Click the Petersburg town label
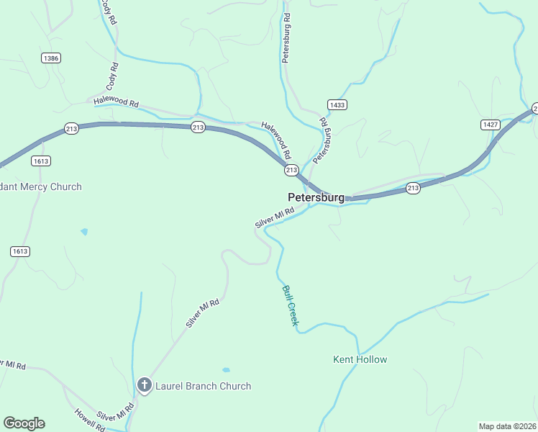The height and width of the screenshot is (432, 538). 316,197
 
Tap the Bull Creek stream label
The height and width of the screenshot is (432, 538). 290,305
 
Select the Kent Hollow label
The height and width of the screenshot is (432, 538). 360,359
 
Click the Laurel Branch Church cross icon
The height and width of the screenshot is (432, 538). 144,386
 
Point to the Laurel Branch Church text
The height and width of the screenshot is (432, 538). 204,386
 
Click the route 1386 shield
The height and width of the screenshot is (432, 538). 50,58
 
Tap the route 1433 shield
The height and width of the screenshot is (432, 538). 337,105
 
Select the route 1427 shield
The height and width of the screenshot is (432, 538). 491,125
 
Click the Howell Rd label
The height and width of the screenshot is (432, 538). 90,420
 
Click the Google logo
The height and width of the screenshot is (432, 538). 24,423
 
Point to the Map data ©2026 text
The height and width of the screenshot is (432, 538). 506,426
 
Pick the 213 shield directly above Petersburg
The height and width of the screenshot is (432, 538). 291,170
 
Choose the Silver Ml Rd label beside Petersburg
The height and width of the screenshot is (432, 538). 275,218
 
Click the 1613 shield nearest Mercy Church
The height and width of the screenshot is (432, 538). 41,161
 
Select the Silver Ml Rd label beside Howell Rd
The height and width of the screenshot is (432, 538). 116,413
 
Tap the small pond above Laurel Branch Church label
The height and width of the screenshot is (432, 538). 226,370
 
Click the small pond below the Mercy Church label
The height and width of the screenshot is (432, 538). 85,232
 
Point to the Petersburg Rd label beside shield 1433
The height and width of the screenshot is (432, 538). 321,138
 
